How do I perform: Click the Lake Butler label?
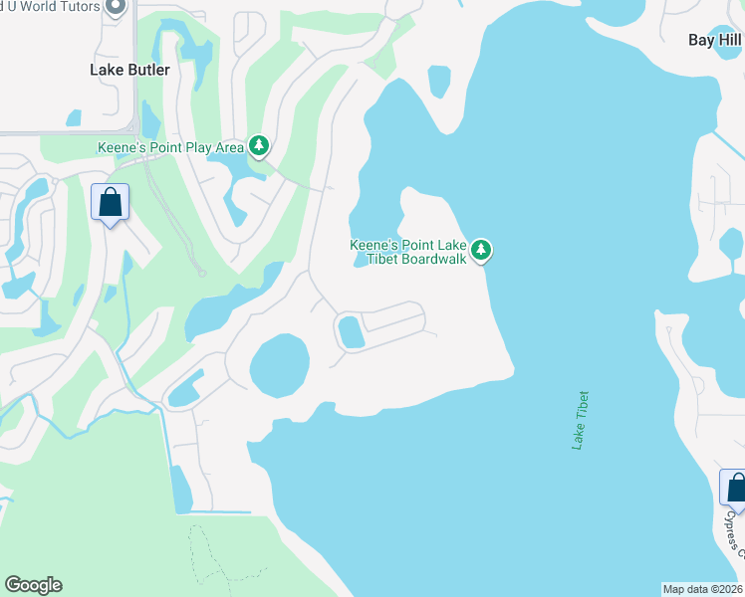(x=129, y=70)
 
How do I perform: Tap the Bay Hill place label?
(x=715, y=41)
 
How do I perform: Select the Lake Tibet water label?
(x=581, y=420)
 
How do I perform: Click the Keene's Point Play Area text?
(x=170, y=147)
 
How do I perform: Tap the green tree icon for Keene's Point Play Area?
(x=259, y=146)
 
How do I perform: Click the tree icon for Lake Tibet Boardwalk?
(x=481, y=249)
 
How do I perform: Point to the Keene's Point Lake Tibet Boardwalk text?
(x=407, y=253)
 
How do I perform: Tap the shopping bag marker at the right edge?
(x=735, y=488)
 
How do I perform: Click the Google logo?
(x=33, y=585)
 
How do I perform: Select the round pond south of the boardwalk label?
(x=279, y=365)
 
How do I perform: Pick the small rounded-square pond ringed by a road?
(x=351, y=330)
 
